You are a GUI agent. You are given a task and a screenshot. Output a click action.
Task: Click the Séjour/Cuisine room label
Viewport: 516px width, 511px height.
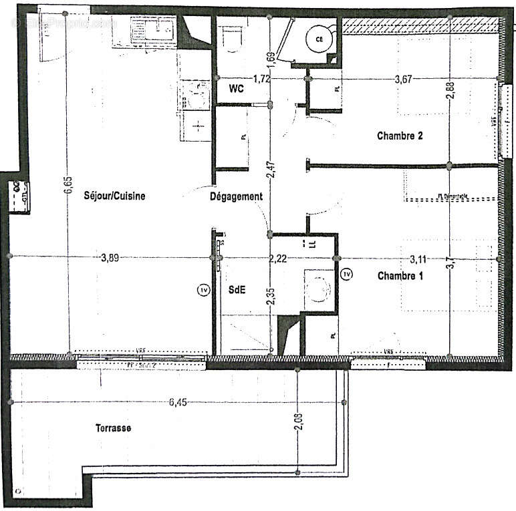point(114,196)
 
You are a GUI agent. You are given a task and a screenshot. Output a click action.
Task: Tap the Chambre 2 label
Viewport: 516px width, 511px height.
point(400,136)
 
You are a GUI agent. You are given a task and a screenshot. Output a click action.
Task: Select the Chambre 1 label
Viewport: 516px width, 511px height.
point(400,275)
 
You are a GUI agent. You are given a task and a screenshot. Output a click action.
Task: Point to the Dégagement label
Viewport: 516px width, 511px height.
point(236,196)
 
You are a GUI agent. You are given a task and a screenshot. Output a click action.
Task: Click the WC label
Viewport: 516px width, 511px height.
point(236,88)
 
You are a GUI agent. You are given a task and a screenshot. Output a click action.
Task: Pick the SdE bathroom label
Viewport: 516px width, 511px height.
point(236,290)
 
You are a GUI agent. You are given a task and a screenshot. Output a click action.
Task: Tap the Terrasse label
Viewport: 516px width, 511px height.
point(113,428)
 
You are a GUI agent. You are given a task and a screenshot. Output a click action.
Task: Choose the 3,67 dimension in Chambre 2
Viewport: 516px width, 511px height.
point(403,79)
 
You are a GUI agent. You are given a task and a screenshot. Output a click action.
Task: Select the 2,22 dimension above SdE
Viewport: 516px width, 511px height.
point(278,258)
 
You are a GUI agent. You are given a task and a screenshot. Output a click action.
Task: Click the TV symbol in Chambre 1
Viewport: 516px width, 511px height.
point(346,274)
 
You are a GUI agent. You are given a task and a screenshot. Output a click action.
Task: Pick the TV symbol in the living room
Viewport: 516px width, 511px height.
point(203,290)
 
